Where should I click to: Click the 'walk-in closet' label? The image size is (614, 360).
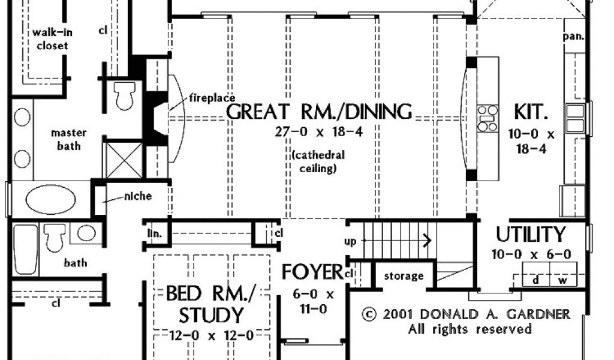tap(52, 39)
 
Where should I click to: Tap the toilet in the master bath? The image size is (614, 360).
tap(125, 95)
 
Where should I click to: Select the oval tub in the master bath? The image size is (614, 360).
tap(51, 199)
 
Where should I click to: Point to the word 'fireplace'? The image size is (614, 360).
tap(212, 98)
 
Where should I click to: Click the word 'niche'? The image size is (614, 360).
tap(138, 196)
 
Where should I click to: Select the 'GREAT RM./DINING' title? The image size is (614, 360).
tap(319, 112)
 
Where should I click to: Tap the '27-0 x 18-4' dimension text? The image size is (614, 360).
tap(318, 132)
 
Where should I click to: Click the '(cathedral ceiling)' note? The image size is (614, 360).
tap(318, 161)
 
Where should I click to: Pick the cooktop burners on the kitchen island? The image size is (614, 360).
tap(487, 118)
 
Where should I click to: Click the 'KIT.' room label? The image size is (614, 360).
tap(531, 112)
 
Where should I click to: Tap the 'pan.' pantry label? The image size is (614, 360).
tap(574, 37)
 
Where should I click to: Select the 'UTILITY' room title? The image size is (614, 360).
tap(531, 235)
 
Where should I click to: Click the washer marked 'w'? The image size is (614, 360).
tap(563, 274)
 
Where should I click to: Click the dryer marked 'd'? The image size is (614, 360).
tap(536, 274)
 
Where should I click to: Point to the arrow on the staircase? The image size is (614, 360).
tap(396, 240)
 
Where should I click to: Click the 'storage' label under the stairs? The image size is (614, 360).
tap(404, 276)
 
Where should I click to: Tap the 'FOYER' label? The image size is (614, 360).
tap(312, 272)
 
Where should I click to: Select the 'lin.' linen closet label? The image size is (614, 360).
tap(155, 233)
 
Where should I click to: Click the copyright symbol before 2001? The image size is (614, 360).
tap(369, 314)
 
